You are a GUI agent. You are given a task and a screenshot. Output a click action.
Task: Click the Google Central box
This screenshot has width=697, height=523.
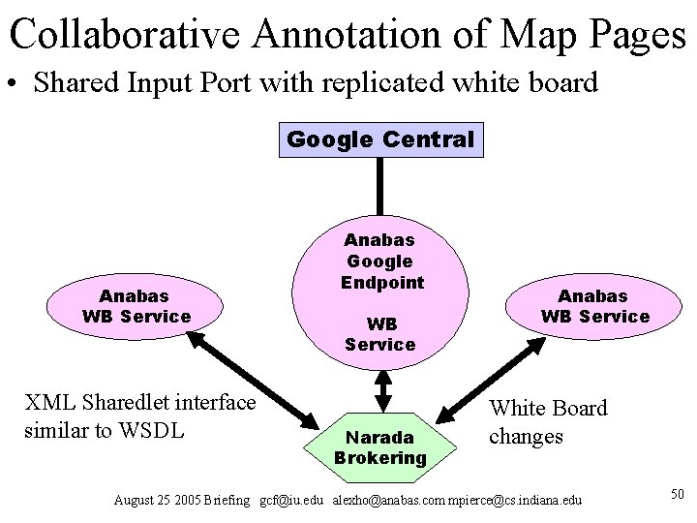[x=380, y=138]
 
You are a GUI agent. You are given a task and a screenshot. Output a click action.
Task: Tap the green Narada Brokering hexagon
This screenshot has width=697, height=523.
[x=381, y=441]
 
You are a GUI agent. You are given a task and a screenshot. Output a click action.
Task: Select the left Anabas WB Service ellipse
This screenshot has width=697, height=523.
[x=136, y=305]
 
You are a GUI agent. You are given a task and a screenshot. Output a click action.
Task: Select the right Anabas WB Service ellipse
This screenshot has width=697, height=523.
[x=595, y=305]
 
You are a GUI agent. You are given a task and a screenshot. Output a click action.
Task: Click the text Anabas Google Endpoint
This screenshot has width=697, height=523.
[x=380, y=261]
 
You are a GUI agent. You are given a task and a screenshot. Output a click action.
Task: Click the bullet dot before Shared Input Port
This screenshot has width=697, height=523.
[x=15, y=83]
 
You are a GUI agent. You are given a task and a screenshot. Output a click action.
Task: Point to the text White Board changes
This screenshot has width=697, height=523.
[x=547, y=422]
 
